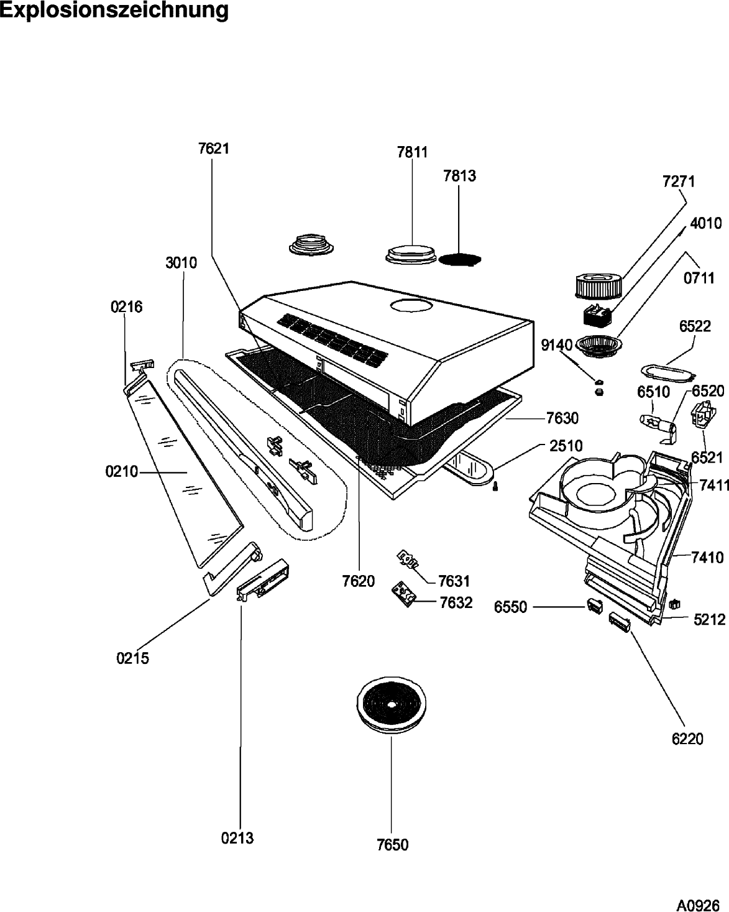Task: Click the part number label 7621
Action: pyautogui.click(x=213, y=149)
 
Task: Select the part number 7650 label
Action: pyautogui.click(x=392, y=844)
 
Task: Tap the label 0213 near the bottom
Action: pyautogui.click(x=237, y=838)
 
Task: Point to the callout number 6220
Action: pyautogui.click(x=687, y=739)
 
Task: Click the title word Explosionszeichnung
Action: pyautogui.click(x=114, y=11)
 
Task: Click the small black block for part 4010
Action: pyautogui.click(x=598, y=317)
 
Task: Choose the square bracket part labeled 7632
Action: pyautogui.click(x=403, y=594)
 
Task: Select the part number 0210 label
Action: pyautogui.click(x=121, y=472)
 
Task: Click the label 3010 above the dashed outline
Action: pyautogui.click(x=181, y=263)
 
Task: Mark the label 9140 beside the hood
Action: pyautogui.click(x=557, y=345)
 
